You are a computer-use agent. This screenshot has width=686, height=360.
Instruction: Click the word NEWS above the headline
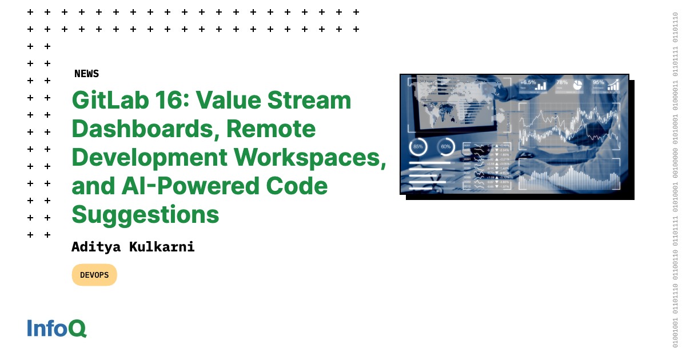(86, 74)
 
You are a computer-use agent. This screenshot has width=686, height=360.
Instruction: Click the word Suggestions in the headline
(145, 215)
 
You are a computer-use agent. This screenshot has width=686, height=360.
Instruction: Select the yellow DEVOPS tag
(94, 275)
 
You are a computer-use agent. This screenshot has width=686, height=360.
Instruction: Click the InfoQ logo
(57, 328)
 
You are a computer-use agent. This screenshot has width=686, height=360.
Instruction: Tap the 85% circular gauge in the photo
(418, 147)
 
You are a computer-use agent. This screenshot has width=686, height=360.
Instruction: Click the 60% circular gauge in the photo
(446, 147)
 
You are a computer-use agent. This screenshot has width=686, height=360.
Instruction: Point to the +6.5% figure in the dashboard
(528, 83)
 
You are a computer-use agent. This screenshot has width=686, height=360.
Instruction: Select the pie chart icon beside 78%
(578, 85)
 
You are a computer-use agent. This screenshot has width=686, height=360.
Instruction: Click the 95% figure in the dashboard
(599, 83)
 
